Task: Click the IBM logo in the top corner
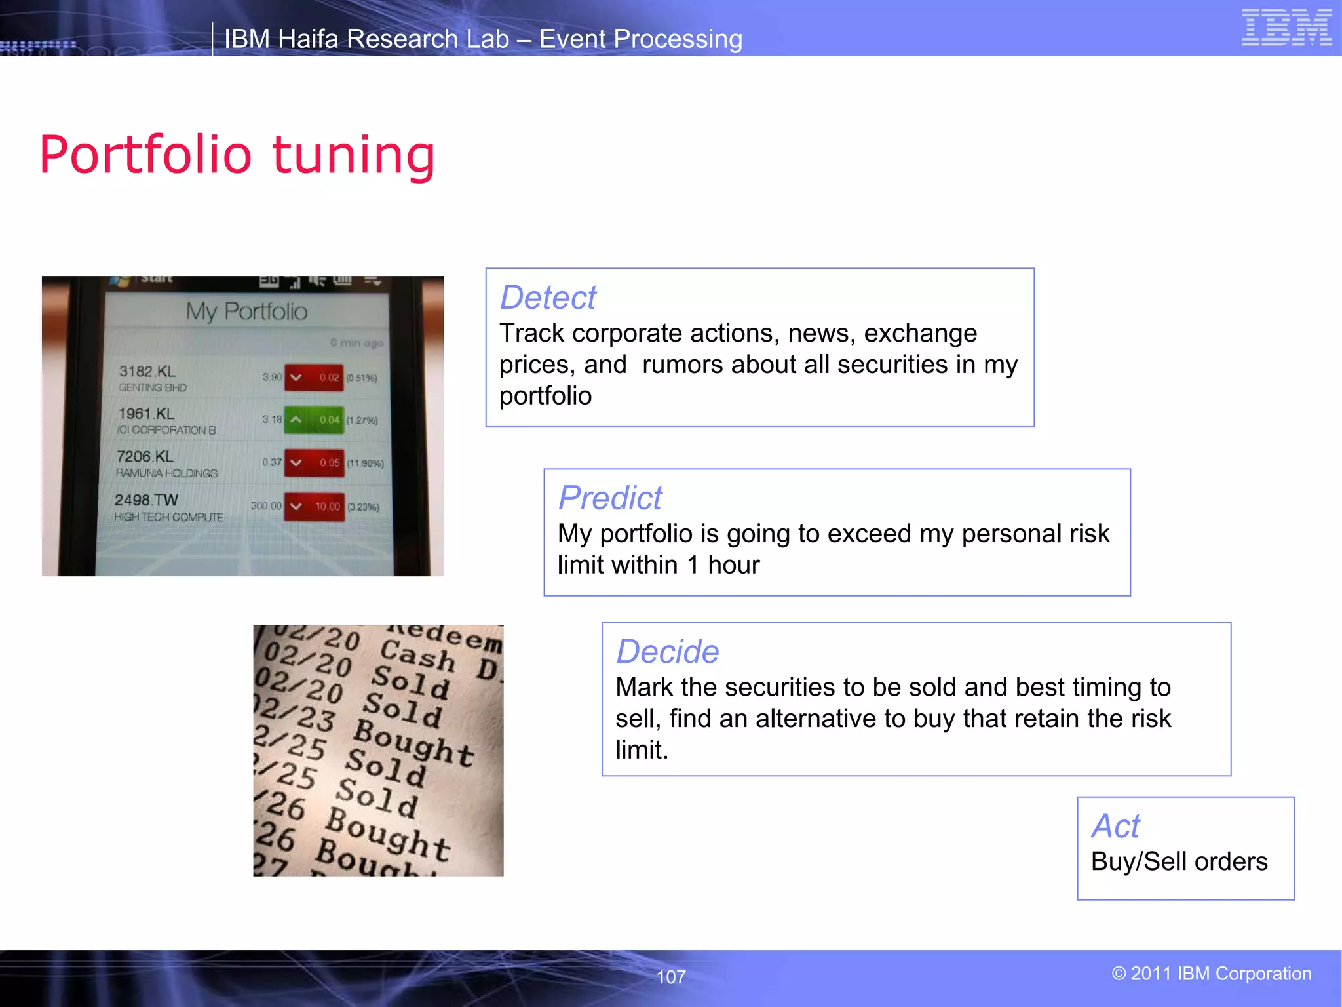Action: (x=1286, y=28)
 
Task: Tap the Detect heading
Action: (x=548, y=298)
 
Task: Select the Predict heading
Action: (x=610, y=498)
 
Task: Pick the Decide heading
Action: (x=667, y=652)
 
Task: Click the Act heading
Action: (x=1115, y=826)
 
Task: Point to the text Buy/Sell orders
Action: (x=1179, y=861)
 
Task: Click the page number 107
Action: (x=670, y=977)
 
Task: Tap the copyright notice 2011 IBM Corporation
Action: (x=1212, y=974)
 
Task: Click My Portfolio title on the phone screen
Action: (x=246, y=311)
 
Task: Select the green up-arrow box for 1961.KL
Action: (x=314, y=420)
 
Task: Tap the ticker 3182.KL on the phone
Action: (x=147, y=371)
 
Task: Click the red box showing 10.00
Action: (x=315, y=507)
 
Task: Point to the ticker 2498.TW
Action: (x=146, y=500)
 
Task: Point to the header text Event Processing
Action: (x=640, y=39)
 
